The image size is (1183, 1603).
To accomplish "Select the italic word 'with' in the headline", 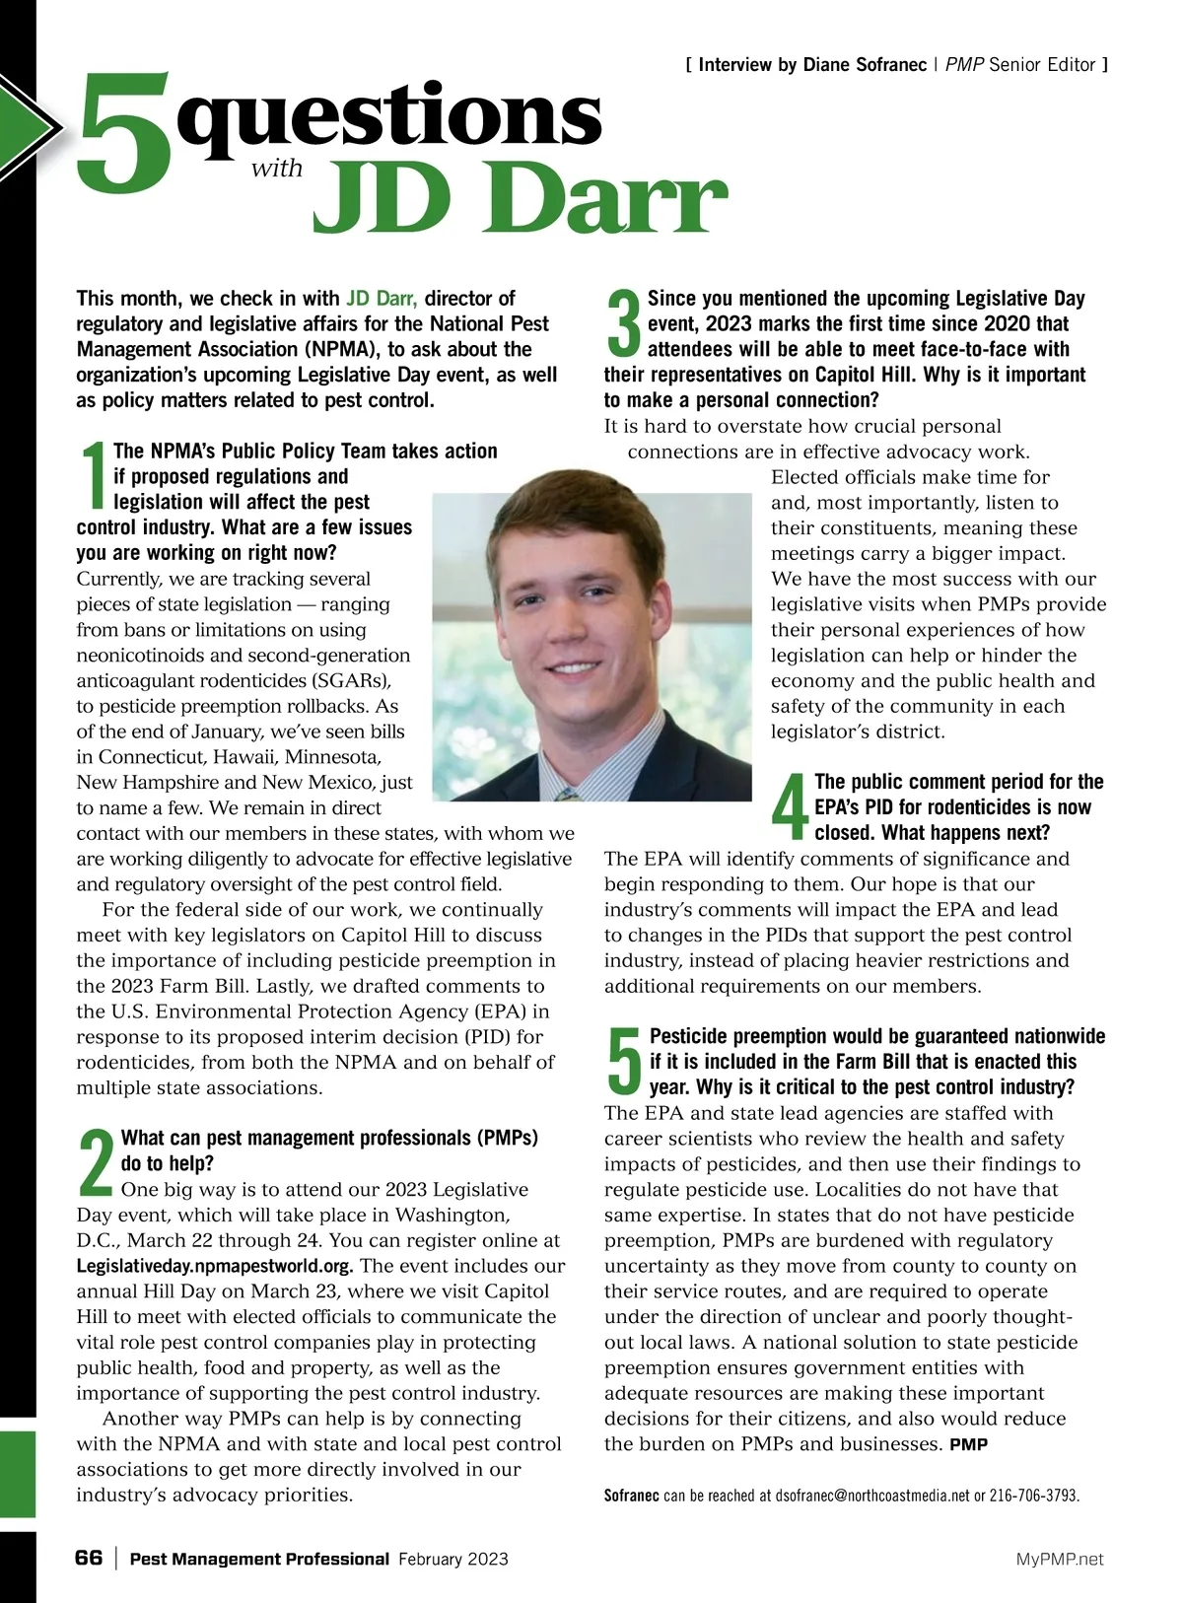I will coord(277,169).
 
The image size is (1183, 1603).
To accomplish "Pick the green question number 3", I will coord(623,323).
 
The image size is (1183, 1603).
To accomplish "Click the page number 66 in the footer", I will coord(89,1558).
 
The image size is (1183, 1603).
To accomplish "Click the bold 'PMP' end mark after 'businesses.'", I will coord(968,1445).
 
